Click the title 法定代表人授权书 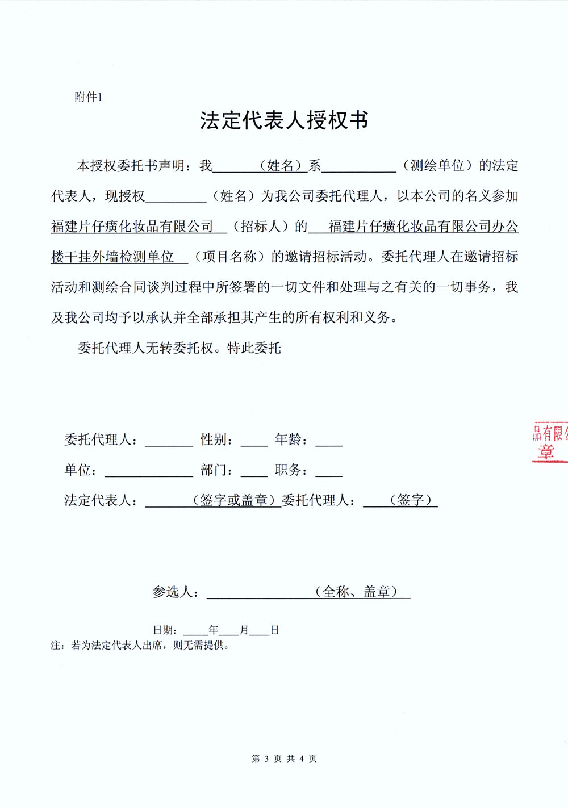coord(284,120)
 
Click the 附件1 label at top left coord(88,97)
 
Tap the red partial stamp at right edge coord(549,442)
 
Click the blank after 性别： coord(254,441)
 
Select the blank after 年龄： coord(329,441)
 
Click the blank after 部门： coord(254,471)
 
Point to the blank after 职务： coord(329,471)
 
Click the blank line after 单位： coord(149,471)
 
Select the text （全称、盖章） coord(356,592)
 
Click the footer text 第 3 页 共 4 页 coord(284,759)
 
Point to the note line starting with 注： coord(140,646)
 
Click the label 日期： coord(167,630)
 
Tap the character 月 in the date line coord(244,630)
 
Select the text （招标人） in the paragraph coord(261,227)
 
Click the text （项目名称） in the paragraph coord(229,257)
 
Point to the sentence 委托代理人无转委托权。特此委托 coord(179,348)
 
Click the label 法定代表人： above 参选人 coord(101,500)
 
